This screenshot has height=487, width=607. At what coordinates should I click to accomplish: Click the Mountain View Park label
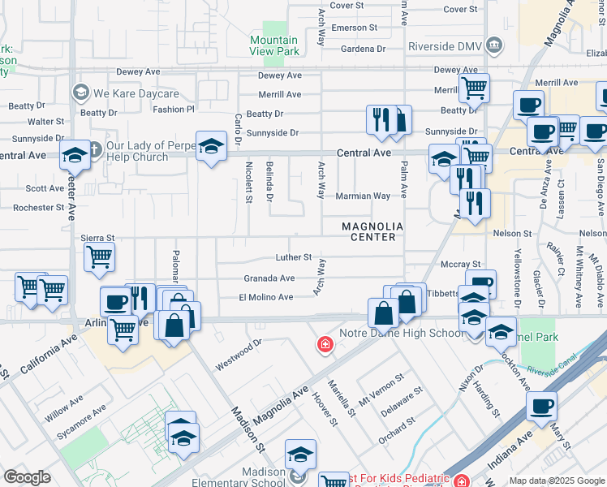pyautogui.click(x=273, y=45)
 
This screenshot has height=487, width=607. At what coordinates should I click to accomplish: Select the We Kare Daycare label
pyautogui.click(x=123, y=93)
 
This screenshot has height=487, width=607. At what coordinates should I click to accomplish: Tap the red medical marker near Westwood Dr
pyautogui.click(x=325, y=345)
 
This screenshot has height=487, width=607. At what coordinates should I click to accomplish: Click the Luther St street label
pyautogui.click(x=293, y=257)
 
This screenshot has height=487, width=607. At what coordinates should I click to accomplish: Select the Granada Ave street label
pyautogui.click(x=269, y=278)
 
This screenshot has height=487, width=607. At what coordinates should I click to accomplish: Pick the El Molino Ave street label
pyautogui.click(x=265, y=297)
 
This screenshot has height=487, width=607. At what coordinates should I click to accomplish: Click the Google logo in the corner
pyautogui.click(x=27, y=476)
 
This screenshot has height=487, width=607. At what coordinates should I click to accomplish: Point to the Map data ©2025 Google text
pyautogui.click(x=556, y=481)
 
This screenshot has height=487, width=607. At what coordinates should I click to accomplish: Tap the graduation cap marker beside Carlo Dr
pyautogui.click(x=211, y=147)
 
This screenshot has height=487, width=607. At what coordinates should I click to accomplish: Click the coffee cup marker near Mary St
pyautogui.click(x=541, y=405)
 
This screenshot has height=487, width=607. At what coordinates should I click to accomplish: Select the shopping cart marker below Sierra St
pyautogui.click(x=99, y=257)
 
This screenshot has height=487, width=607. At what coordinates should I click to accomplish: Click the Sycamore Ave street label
pyautogui.click(x=82, y=420)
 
